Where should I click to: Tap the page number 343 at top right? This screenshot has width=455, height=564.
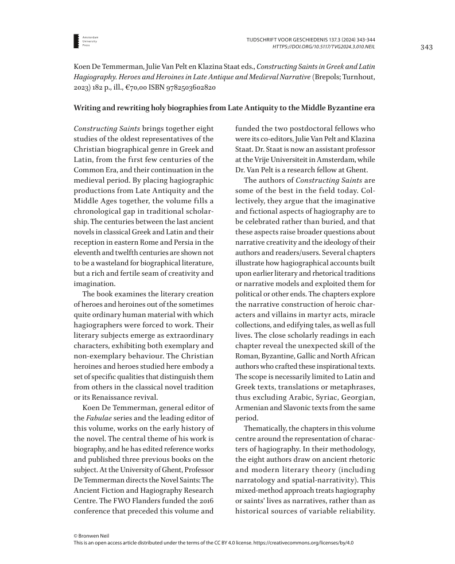pyautogui.click(x=426, y=47)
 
